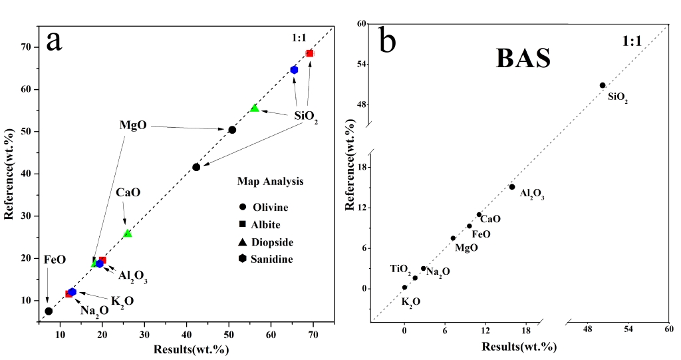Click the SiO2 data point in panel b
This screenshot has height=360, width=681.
point(603,85)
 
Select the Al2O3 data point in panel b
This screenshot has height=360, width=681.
point(512,187)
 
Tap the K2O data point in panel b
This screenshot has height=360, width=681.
point(404,287)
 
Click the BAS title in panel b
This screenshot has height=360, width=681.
point(523,59)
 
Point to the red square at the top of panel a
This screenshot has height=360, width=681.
point(310,53)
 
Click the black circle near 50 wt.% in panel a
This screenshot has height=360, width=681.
point(232,130)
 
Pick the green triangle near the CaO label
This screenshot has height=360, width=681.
point(128,234)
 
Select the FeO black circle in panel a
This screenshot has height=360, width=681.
point(49,311)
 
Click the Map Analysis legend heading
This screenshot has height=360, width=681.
point(271,181)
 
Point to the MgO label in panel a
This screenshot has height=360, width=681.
point(133,125)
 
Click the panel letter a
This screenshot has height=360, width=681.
point(54,41)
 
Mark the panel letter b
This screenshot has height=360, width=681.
point(388,41)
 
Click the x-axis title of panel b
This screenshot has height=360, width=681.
point(520,347)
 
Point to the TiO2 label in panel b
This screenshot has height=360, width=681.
point(400,269)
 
